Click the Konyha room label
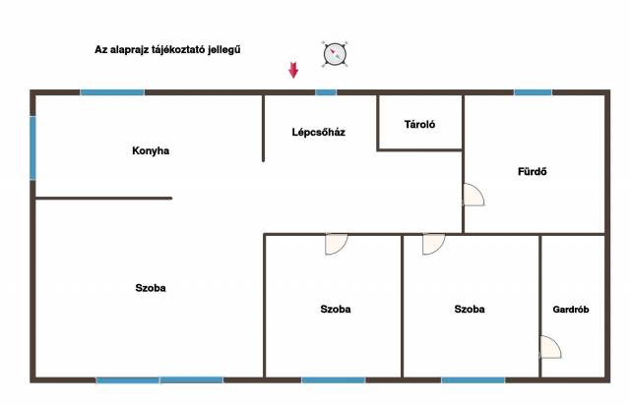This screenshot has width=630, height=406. pyautogui.click(x=151, y=150)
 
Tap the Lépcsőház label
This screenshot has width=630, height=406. pyautogui.click(x=319, y=132)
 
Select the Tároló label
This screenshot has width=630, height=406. pyautogui.click(x=419, y=125)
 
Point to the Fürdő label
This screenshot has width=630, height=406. pyautogui.click(x=533, y=171)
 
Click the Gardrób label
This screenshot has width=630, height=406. pyautogui.click(x=571, y=310)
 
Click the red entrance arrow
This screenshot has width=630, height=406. pyautogui.click(x=293, y=70)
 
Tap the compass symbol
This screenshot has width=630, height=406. pyautogui.click(x=335, y=54)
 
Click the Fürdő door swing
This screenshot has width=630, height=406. pyautogui.click(x=474, y=195)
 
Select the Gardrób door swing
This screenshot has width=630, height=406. pyautogui.click(x=551, y=347)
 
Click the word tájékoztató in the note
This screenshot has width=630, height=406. pyautogui.click(x=177, y=50)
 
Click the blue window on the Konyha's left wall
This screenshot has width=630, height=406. pyautogui.click(x=32, y=147)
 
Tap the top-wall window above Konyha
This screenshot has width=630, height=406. pyautogui.click(x=112, y=92)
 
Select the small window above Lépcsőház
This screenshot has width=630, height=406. pyautogui.click(x=326, y=92)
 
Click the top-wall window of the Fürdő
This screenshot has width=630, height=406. pyautogui.click(x=533, y=92)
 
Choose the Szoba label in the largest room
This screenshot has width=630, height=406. pyautogui.click(x=151, y=288)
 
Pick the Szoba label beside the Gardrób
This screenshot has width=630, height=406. pyautogui.click(x=470, y=309)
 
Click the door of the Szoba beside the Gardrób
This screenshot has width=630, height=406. pyautogui.click(x=433, y=245)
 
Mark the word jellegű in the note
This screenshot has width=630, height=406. pyautogui.click(x=224, y=50)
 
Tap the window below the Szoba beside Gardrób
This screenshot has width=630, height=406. pyautogui.click(x=473, y=379)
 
